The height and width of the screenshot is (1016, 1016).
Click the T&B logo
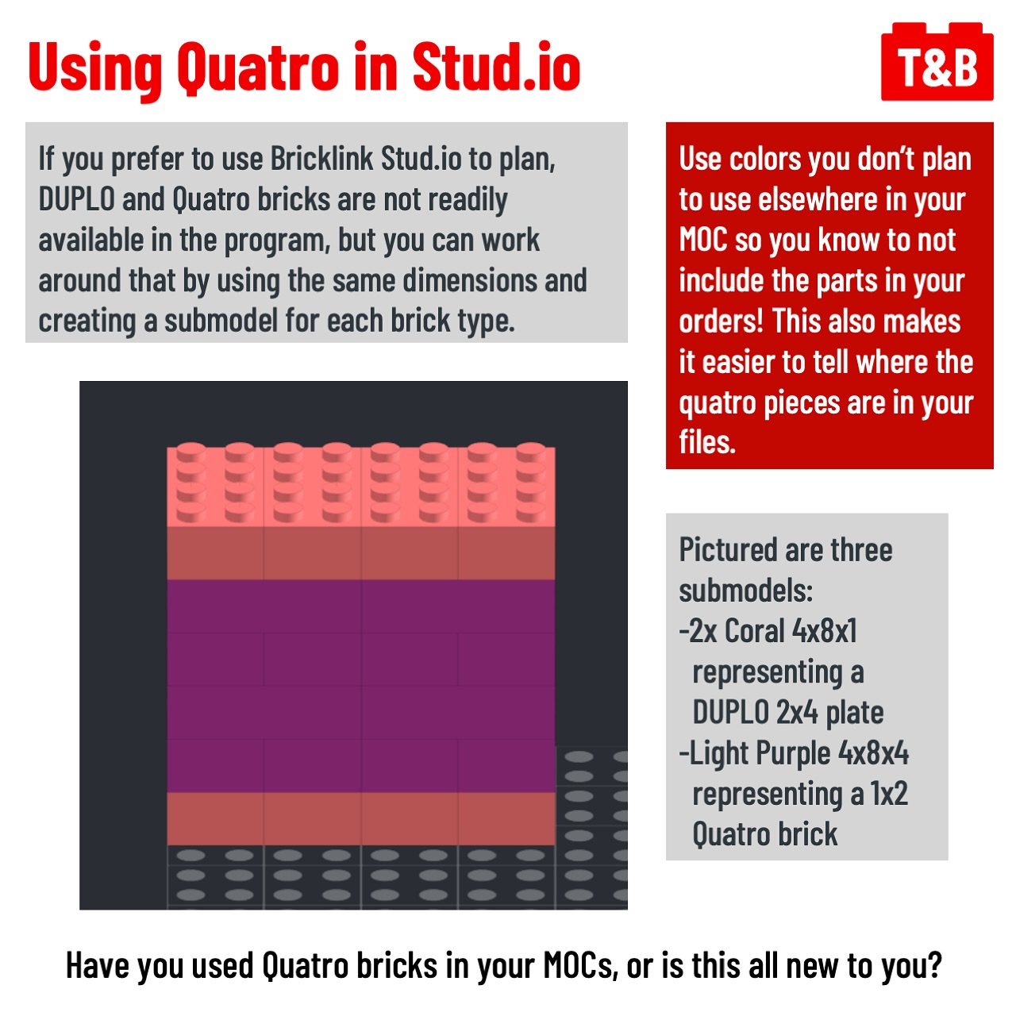(x=937, y=61)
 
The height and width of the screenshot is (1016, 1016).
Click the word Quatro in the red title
(x=258, y=69)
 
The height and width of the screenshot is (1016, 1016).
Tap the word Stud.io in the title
(x=496, y=67)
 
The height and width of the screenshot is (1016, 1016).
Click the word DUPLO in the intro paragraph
(x=77, y=199)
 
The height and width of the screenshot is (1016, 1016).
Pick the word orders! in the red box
(x=721, y=321)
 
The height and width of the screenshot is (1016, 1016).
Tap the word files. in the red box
(x=707, y=442)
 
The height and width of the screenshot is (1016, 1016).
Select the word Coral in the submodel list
(x=755, y=631)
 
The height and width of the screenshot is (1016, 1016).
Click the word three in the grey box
(x=861, y=550)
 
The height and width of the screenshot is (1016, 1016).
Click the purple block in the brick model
(x=360, y=686)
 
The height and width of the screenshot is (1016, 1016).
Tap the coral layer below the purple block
(x=360, y=818)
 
